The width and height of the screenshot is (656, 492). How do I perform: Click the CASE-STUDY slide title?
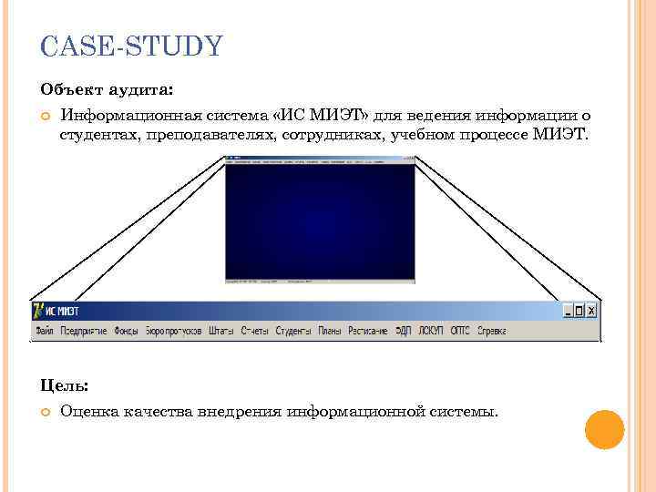(131, 46)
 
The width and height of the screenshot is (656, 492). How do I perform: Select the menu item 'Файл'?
(44, 331)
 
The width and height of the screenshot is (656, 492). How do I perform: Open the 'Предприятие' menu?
(84, 331)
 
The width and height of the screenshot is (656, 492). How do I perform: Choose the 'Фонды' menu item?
(127, 331)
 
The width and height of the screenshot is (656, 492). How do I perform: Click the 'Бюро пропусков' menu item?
(173, 331)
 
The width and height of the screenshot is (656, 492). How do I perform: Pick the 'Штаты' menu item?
(220, 331)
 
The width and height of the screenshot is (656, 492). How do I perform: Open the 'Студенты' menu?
(293, 331)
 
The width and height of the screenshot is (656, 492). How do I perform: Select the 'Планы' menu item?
(330, 331)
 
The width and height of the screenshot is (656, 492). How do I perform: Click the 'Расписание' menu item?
(368, 331)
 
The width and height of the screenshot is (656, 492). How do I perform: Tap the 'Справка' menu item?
(492, 331)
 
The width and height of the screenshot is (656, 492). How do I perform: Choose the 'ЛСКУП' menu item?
(431, 331)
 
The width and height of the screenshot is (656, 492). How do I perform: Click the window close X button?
(592, 311)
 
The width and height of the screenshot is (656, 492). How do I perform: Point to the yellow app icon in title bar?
(39, 311)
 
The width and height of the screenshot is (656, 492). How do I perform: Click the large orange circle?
(604, 429)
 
